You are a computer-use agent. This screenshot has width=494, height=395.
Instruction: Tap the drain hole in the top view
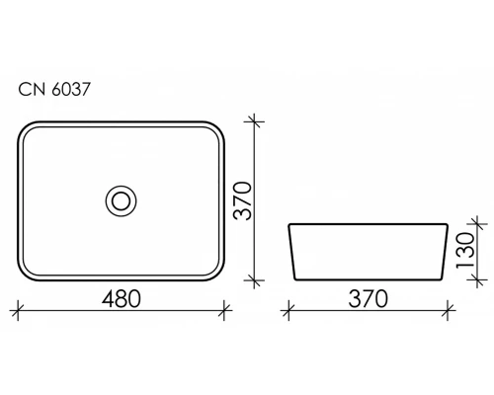[122, 200]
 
